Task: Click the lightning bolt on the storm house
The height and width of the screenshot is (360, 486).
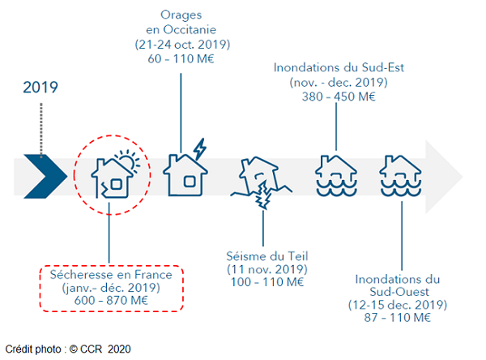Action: (x=198, y=150)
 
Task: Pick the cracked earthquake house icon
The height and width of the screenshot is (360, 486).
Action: (x=260, y=180)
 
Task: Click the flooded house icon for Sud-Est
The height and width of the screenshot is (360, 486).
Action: (x=335, y=175)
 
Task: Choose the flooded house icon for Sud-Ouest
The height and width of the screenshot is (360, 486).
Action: (x=403, y=175)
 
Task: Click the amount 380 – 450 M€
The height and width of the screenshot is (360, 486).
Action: (x=339, y=96)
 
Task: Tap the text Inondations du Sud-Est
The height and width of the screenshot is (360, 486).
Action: (x=339, y=68)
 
